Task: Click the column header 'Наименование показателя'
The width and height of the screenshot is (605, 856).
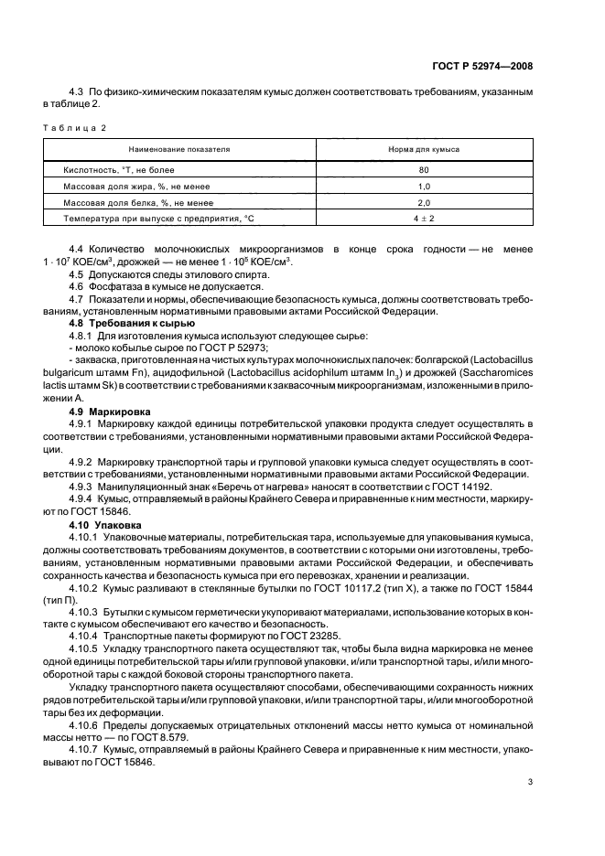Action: (x=179, y=148)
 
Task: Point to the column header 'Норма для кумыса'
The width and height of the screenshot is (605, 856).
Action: (x=424, y=148)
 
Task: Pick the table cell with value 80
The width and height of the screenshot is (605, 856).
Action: (x=424, y=170)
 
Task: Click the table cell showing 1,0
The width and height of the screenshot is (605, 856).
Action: (x=424, y=187)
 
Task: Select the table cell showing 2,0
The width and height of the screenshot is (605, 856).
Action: (x=424, y=203)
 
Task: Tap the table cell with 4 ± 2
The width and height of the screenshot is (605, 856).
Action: (x=424, y=219)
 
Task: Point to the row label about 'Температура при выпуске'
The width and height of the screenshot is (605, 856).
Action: (x=156, y=219)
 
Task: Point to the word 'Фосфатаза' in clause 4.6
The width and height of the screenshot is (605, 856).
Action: (x=112, y=298)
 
